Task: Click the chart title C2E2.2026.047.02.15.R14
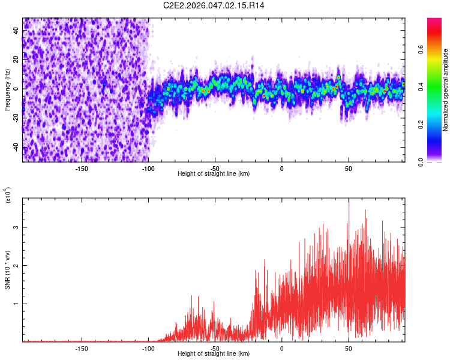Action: pos(214,5)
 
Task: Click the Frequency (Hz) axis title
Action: pos(7,89)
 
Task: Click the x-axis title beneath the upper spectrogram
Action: pos(214,173)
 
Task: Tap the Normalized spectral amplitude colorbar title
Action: pos(446,90)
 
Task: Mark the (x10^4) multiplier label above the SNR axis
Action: pos(8,196)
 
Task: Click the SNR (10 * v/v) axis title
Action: pos(7,270)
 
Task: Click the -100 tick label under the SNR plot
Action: pos(149,348)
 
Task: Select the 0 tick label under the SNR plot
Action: pos(281,348)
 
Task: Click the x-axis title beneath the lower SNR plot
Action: pos(214,354)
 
